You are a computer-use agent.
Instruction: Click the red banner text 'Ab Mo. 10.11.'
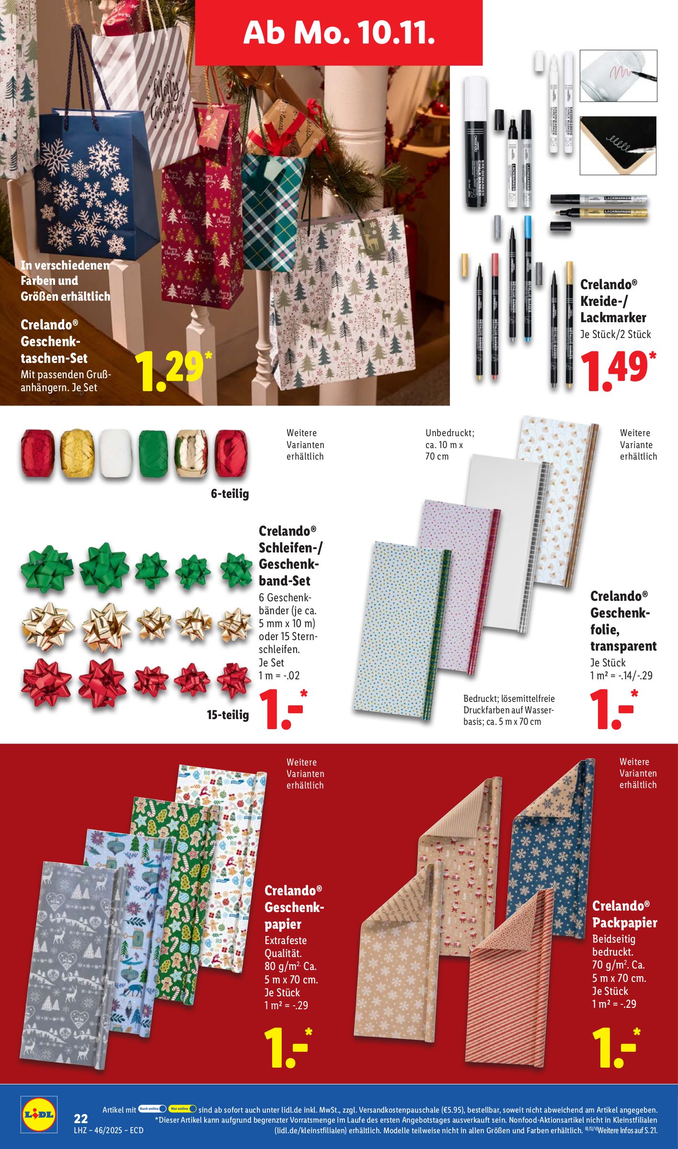click(339, 33)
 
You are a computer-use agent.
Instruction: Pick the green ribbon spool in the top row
click(153, 453)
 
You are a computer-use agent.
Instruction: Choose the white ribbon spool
click(115, 453)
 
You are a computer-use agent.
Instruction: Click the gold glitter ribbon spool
click(77, 453)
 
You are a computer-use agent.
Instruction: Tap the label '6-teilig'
click(230, 494)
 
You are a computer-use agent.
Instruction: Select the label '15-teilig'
click(228, 715)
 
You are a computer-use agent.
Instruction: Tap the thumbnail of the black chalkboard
click(618, 146)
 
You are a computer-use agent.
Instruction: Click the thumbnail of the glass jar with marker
click(618, 76)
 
